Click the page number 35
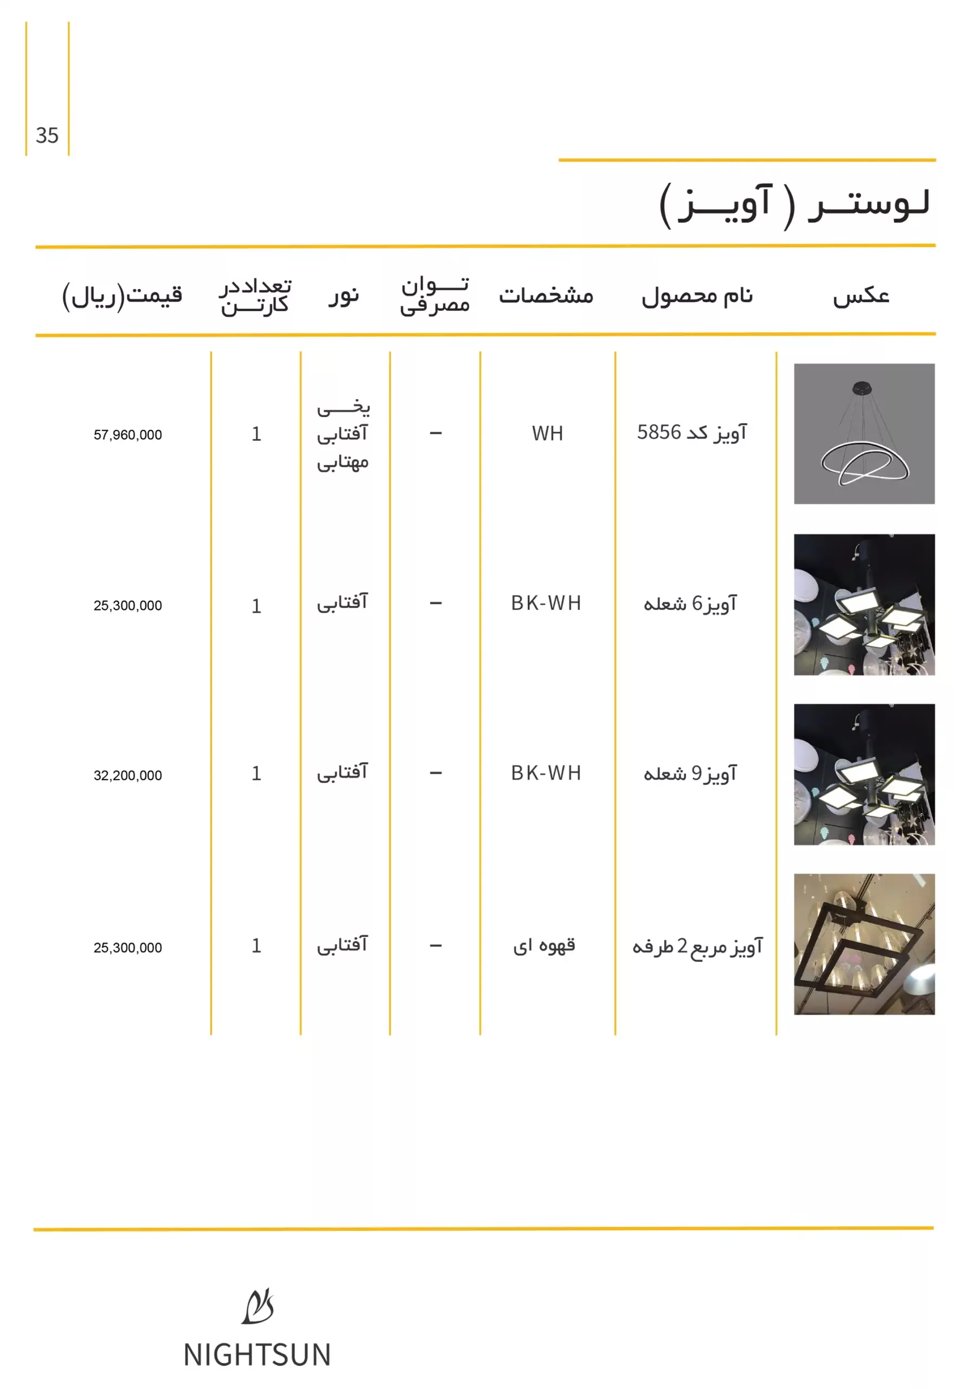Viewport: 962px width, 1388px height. tap(47, 136)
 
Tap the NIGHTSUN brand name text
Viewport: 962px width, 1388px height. tap(258, 1355)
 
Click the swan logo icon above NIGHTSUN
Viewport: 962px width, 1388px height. tap(258, 1307)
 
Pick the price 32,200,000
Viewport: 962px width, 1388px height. tap(128, 776)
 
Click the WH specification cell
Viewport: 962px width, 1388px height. tap(547, 433)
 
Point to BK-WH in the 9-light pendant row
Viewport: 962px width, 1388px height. tap(546, 773)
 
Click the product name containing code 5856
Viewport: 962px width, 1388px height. tap(692, 433)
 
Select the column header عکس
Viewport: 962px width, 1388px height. tap(861, 296)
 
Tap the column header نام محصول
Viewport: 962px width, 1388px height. tap(697, 296)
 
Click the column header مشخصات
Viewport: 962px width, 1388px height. tap(546, 296)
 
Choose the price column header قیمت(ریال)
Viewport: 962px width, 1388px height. tap(123, 295)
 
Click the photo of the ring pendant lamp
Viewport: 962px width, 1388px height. tap(864, 434)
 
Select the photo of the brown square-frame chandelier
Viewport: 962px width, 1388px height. tap(864, 944)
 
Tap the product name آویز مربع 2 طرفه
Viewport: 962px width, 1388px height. tap(697, 946)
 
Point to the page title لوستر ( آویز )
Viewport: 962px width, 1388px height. tap(795, 205)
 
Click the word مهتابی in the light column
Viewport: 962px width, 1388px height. tap(343, 463)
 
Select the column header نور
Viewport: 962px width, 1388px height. tap(344, 295)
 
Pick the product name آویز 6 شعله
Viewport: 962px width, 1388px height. tap(690, 603)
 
